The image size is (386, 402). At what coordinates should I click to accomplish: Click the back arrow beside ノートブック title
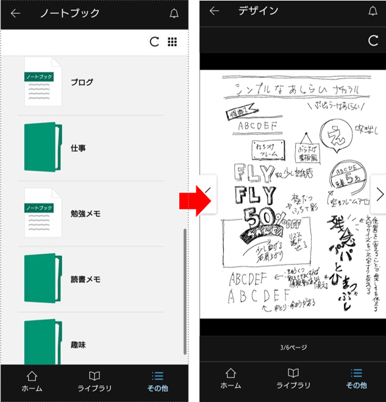[x=15, y=13]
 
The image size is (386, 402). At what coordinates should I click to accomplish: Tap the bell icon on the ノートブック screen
[x=174, y=13]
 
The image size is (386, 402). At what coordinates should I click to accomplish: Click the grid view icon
[x=173, y=41]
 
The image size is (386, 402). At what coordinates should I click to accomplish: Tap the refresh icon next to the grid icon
[x=154, y=41]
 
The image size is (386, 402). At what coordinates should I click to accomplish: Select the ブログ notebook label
[x=82, y=82]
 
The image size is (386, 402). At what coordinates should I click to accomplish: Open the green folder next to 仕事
[x=43, y=147]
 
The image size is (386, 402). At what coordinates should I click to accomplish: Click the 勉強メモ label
[x=85, y=214]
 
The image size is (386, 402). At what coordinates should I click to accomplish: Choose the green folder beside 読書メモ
[x=43, y=278]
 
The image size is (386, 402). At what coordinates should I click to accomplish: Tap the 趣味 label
[x=78, y=345]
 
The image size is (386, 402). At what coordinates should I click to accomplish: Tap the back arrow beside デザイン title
[x=214, y=11]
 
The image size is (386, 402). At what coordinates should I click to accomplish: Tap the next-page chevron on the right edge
[x=379, y=194]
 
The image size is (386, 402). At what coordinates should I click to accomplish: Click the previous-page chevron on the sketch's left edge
[x=208, y=194]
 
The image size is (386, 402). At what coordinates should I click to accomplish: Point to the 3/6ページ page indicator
[x=293, y=348]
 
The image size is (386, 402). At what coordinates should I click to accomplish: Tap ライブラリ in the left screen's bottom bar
[x=94, y=381]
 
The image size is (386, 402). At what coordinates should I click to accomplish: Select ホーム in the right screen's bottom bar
[x=231, y=379]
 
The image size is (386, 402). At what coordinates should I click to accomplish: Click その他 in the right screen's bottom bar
[x=357, y=379]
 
